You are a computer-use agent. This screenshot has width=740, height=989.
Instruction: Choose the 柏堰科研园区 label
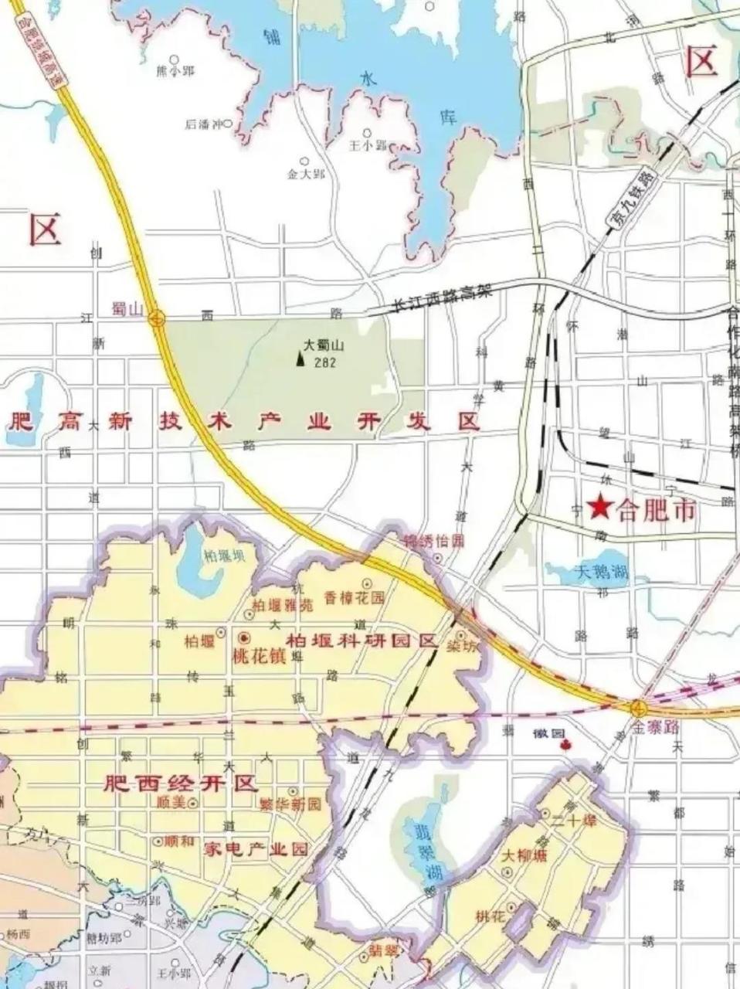coord(361,641)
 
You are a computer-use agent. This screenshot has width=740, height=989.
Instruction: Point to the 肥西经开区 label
coord(180,783)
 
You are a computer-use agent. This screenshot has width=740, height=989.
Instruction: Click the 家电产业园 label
coord(255,848)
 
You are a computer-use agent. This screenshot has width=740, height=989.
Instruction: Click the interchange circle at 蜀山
coord(157,317)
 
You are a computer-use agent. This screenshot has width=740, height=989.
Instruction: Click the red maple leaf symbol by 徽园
coord(565,745)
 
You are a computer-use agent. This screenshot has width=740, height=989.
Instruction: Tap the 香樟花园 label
coord(353,597)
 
